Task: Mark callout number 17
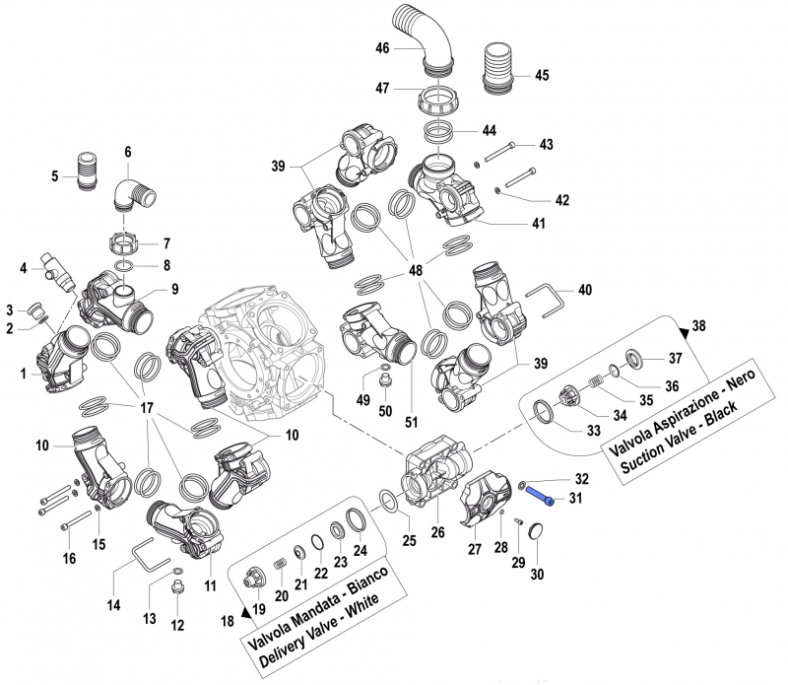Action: [147, 407]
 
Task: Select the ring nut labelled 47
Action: [438, 100]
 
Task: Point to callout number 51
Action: [411, 423]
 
